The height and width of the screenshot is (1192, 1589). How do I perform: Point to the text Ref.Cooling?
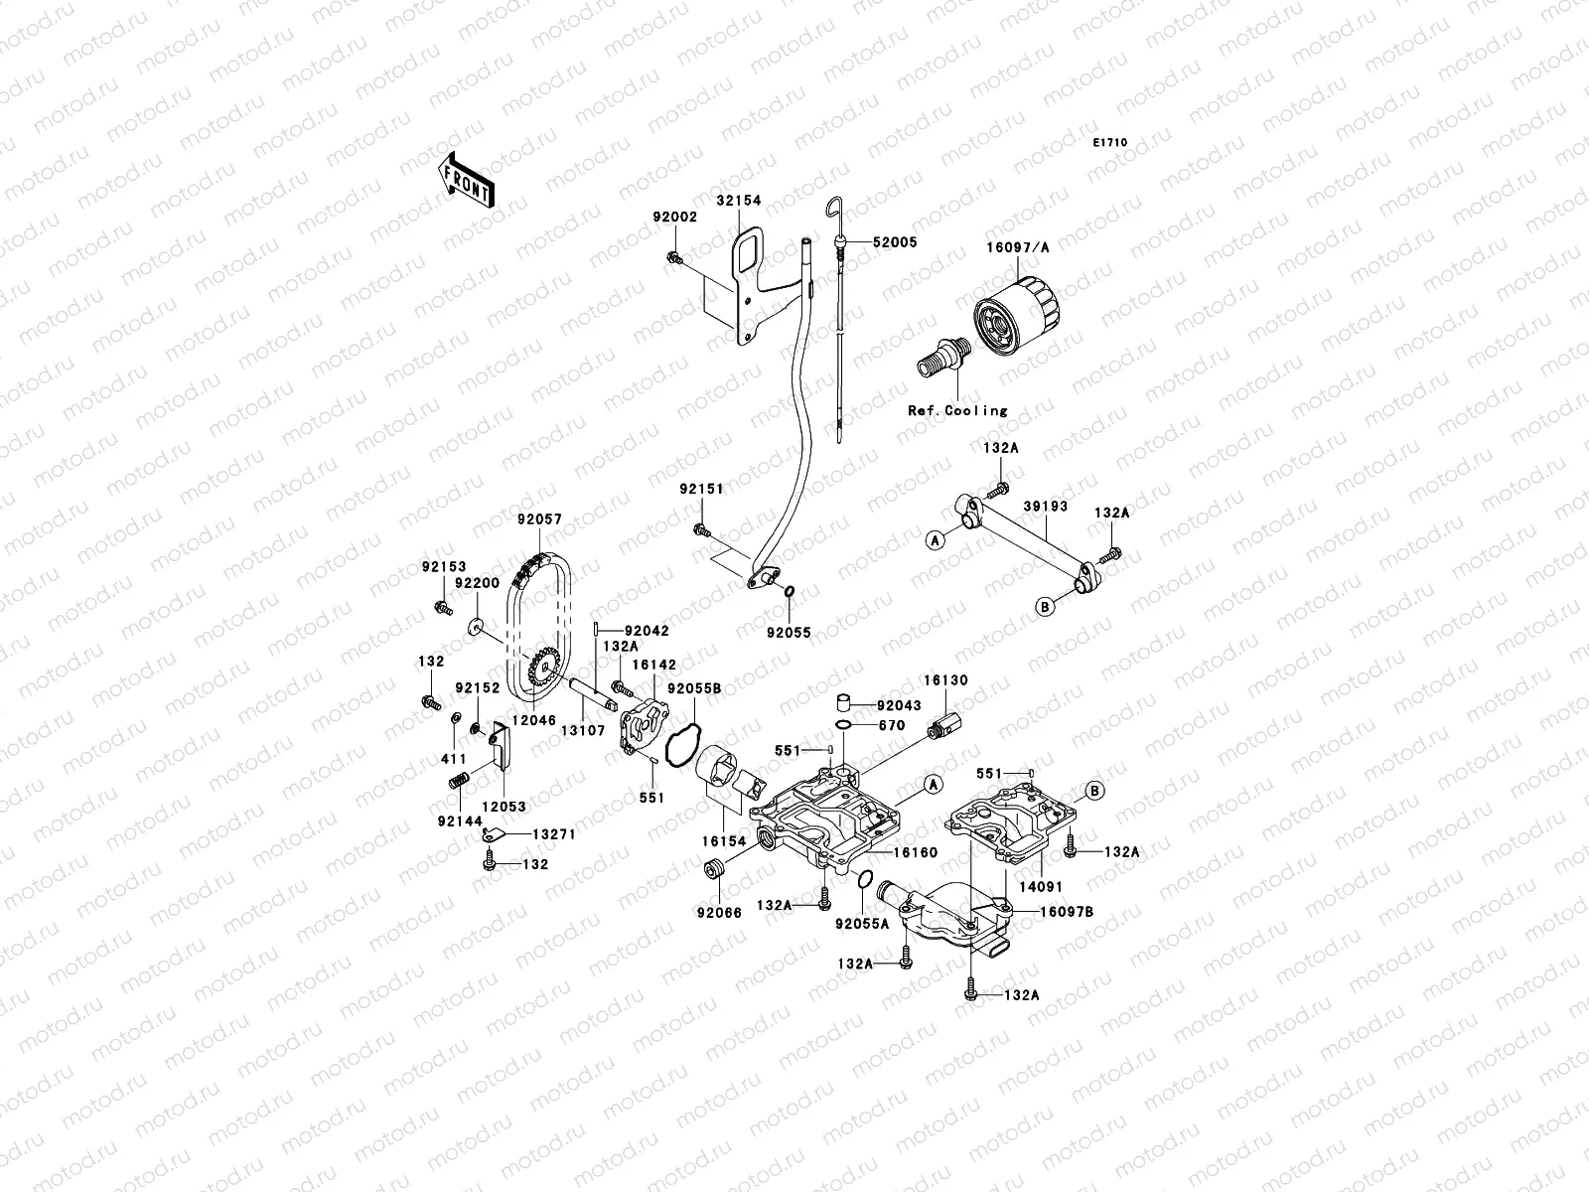957,410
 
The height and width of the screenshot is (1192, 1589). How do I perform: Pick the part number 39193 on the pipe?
1045,507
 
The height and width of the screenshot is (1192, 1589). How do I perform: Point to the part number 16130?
944,680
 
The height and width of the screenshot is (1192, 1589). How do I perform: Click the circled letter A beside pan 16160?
932,785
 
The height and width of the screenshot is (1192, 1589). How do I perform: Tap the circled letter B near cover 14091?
1093,791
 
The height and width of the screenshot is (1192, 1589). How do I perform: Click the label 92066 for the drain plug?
719,911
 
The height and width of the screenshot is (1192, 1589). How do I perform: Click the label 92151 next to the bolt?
701,489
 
